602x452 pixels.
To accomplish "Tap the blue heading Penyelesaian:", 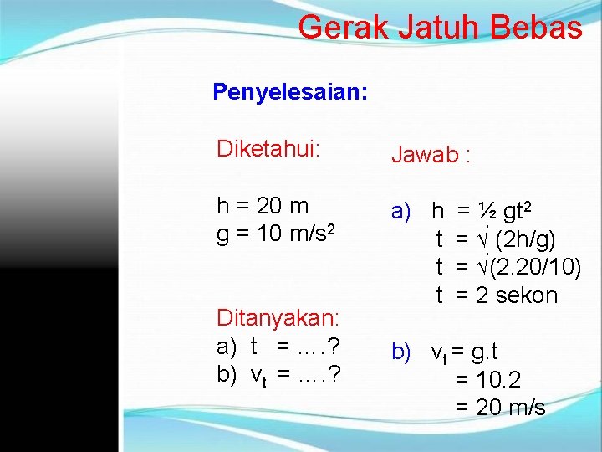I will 289,91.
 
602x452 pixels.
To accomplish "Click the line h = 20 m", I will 263,206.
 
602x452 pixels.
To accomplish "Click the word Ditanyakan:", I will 278,318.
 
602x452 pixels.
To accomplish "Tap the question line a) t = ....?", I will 277,347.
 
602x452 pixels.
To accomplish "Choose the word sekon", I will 526,295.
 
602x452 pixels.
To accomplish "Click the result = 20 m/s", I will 500,408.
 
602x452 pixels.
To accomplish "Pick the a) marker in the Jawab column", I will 402,213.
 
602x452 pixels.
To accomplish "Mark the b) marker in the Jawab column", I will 402,352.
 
